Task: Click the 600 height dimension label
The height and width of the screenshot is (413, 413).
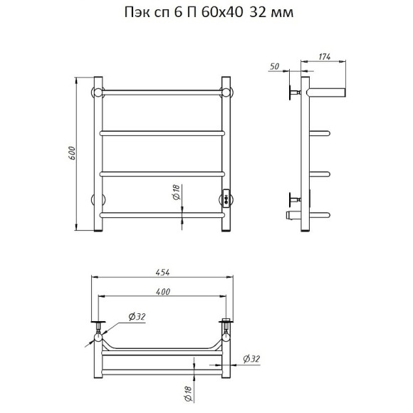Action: [x=72, y=153]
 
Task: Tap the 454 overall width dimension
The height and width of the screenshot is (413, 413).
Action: [x=162, y=272]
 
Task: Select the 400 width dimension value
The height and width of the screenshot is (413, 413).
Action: [x=163, y=291]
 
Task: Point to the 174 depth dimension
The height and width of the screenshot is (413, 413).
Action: [x=325, y=57]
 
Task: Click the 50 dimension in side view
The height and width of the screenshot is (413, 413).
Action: [x=274, y=66]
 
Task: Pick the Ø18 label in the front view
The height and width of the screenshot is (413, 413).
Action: [x=176, y=192]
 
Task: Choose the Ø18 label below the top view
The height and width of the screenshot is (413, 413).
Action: [x=188, y=394]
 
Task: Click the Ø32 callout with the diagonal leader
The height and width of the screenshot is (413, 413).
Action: [x=137, y=317]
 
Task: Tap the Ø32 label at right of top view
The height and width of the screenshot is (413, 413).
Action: [x=251, y=359]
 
